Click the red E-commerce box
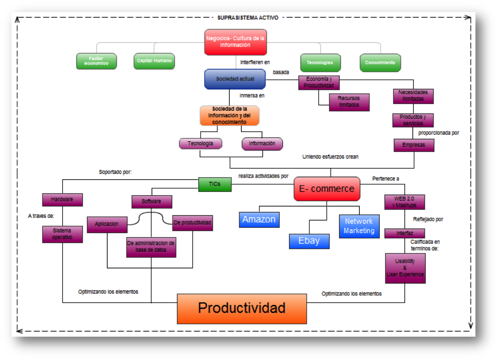pyautogui.click(x=327, y=189)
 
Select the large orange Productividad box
pyautogui.click(x=242, y=309)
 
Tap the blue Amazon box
pyautogui.click(x=259, y=219)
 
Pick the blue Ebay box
pyautogui.click(x=309, y=241)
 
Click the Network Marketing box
pyautogui.click(x=359, y=226)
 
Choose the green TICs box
pyautogui.click(x=215, y=184)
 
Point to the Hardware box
pyautogui.click(x=62, y=200)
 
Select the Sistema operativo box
pyautogui.click(x=62, y=234)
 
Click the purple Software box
pyautogui.click(x=151, y=201)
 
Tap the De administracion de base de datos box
pyautogui.click(x=151, y=247)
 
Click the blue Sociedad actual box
pyautogui.click(x=235, y=79)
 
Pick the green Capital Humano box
pyautogui.click(x=154, y=61)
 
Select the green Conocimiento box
pyautogui.click(x=380, y=63)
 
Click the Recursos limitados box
pyautogui.click(x=349, y=102)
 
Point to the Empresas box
pyautogui.click(x=414, y=145)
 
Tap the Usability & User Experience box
pyautogui.click(x=405, y=268)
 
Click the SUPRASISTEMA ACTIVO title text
pyautogui.click(x=248, y=18)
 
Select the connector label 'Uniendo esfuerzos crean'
pyautogui.click(x=330, y=157)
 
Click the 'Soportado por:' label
pyautogui.click(x=115, y=172)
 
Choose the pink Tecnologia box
pyautogui.click(x=200, y=144)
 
